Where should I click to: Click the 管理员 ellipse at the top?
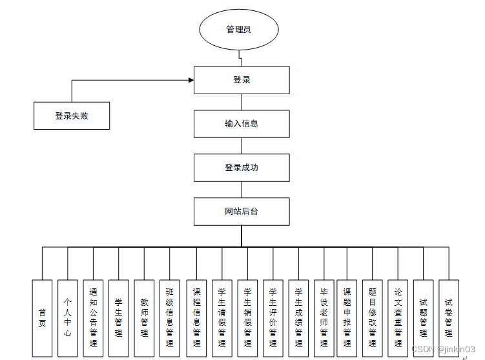[x=238, y=30]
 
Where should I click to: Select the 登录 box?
[x=242, y=80]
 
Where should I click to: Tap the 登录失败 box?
[x=72, y=116]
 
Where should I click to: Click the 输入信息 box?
[x=242, y=123]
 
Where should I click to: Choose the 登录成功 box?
[x=242, y=168]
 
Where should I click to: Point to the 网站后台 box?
[x=242, y=212]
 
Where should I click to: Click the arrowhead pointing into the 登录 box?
[x=191, y=80]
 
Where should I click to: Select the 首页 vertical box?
[x=42, y=318]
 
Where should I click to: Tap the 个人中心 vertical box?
[x=68, y=318]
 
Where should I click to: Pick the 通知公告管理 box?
[x=93, y=318]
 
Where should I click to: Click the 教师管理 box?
[x=144, y=318]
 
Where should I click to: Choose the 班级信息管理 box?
[x=170, y=318]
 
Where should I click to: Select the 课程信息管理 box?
[x=196, y=318]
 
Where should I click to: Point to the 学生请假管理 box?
[x=222, y=318]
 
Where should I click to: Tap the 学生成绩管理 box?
[x=298, y=318]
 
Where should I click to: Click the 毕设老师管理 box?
[x=324, y=318]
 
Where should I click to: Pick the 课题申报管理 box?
[x=347, y=318]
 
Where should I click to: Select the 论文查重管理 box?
[x=398, y=318]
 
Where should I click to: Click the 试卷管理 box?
[x=449, y=318]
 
